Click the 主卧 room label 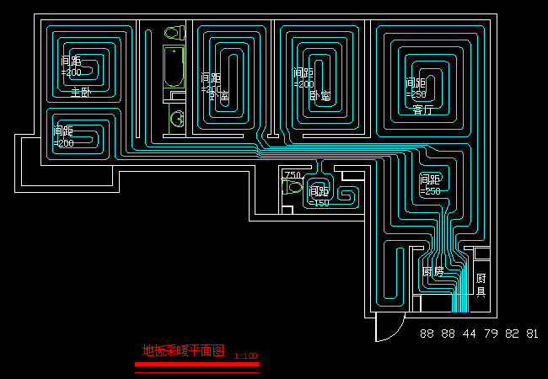point(80,92)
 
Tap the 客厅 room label point(423,109)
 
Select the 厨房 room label point(432,272)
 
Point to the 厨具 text point(481,285)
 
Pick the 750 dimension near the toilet point(293,175)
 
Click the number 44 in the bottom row point(470,334)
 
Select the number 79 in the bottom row point(491,334)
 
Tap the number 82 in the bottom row point(512,334)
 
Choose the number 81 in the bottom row point(532,334)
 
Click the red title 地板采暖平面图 point(183,350)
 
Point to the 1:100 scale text point(245,356)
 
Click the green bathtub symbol point(173,67)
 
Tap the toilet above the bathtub point(174,34)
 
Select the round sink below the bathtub point(177,119)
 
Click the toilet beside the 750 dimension point(292,189)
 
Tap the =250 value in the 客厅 point(415,95)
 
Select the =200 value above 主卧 point(71,72)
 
